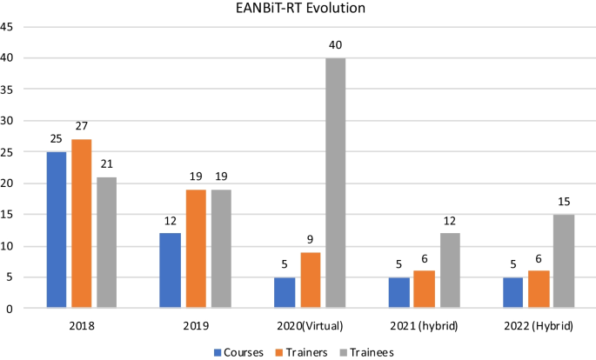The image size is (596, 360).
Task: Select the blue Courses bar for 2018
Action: tap(57, 230)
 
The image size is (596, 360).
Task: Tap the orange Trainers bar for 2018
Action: tap(82, 223)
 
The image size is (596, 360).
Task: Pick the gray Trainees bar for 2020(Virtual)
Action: tap(335, 183)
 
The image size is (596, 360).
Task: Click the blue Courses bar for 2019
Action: tap(171, 270)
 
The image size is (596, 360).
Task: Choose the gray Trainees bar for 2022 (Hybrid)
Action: tap(563, 261)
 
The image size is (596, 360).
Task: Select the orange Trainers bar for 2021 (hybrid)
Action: tap(424, 289)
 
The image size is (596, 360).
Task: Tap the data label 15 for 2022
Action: tap(563, 203)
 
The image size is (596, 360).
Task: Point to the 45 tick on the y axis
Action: tap(8, 27)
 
